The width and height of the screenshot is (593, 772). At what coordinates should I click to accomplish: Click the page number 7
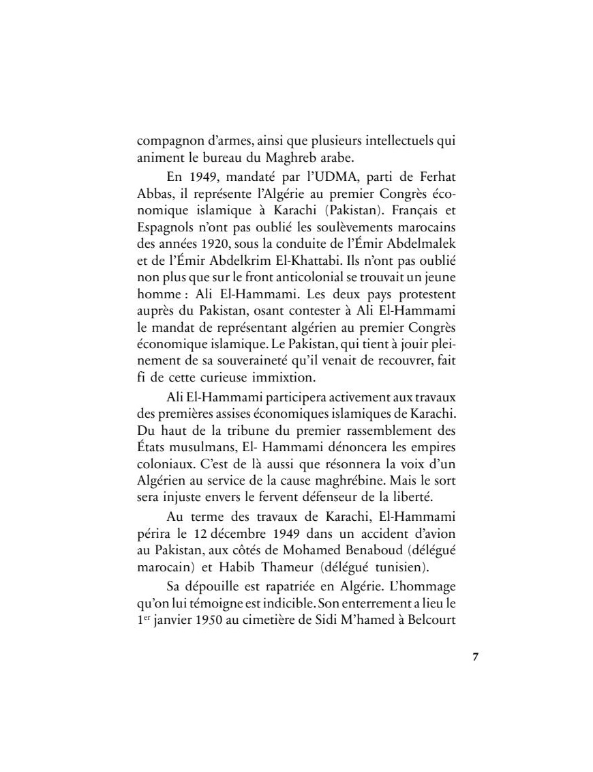476,657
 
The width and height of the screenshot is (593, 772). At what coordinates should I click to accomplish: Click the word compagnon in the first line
168,142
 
